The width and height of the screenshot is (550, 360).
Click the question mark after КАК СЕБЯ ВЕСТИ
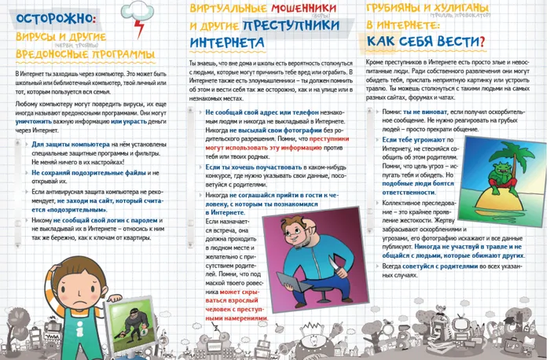click(x=481, y=41)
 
